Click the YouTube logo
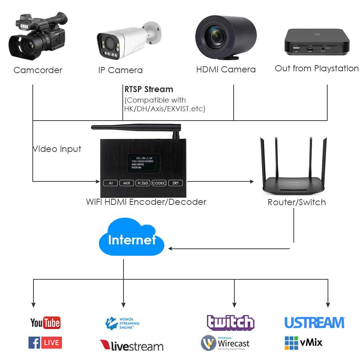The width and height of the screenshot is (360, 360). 45,323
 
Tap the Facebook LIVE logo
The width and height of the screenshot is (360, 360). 45,342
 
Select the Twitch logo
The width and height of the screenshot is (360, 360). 230,322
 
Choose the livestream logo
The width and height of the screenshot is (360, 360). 131,346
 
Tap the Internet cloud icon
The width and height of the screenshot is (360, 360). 131,239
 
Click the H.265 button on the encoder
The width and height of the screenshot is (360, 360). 143,183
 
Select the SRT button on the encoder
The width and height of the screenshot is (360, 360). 175,183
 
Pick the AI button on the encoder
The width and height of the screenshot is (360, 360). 110,183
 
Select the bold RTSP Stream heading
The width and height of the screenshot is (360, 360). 149,89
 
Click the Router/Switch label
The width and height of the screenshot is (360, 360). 297,202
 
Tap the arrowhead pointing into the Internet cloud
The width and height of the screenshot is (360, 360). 171,248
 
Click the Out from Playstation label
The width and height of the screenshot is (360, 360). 316,68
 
